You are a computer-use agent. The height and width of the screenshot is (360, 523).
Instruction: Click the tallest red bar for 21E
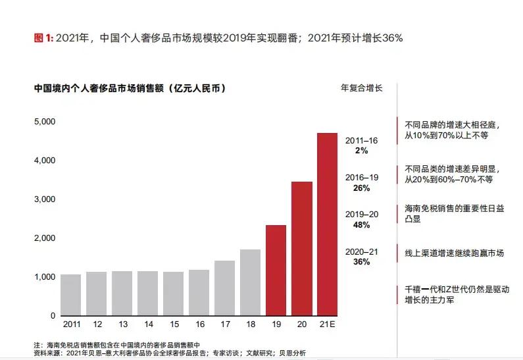click(327, 224)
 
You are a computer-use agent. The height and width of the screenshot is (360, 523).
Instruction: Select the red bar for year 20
click(301, 248)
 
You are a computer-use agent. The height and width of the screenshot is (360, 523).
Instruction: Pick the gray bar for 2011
click(70, 294)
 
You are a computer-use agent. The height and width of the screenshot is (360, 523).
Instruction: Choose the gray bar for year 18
click(250, 282)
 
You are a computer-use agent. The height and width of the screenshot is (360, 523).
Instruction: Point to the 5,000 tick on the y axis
click(44, 122)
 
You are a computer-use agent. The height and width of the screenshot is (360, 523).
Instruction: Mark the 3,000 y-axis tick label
click(44, 199)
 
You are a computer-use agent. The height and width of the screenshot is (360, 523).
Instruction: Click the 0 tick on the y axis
click(53, 316)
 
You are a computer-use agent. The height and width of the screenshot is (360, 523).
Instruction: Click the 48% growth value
click(361, 224)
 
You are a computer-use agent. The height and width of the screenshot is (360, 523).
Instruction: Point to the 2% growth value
click(361, 151)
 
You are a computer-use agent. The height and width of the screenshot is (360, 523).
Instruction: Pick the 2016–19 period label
click(361, 178)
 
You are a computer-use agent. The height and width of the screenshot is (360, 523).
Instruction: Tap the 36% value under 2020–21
click(361, 261)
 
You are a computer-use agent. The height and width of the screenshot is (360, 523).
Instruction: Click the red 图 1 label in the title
click(43, 38)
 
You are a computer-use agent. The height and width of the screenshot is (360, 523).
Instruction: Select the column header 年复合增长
click(361, 88)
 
